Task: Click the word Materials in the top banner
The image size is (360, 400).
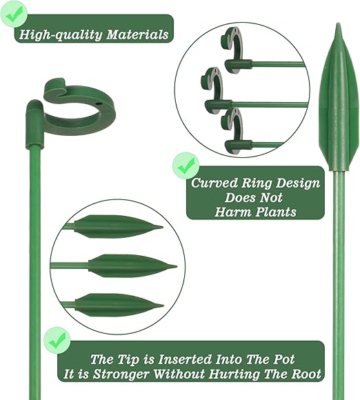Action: click(137, 34)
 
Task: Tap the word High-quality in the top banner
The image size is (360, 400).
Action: click(61, 35)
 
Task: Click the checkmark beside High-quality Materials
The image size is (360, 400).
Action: click(14, 14)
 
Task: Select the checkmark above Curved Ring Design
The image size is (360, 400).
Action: click(186, 166)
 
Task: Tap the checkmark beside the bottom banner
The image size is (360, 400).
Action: click(57, 340)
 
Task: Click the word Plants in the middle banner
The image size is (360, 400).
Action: click(276, 212)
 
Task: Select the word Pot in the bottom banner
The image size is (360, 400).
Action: click(284, 359)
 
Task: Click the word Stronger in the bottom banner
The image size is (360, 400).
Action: click(121, 374)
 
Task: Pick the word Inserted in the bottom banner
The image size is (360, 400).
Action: click(185, 359)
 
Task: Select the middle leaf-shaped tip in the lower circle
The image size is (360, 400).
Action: click(132, 266)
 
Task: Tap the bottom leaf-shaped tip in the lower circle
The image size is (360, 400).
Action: click(119, 305)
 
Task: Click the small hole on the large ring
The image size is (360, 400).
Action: click(98, 104)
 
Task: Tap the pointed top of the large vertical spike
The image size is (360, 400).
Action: click(338, 23)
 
